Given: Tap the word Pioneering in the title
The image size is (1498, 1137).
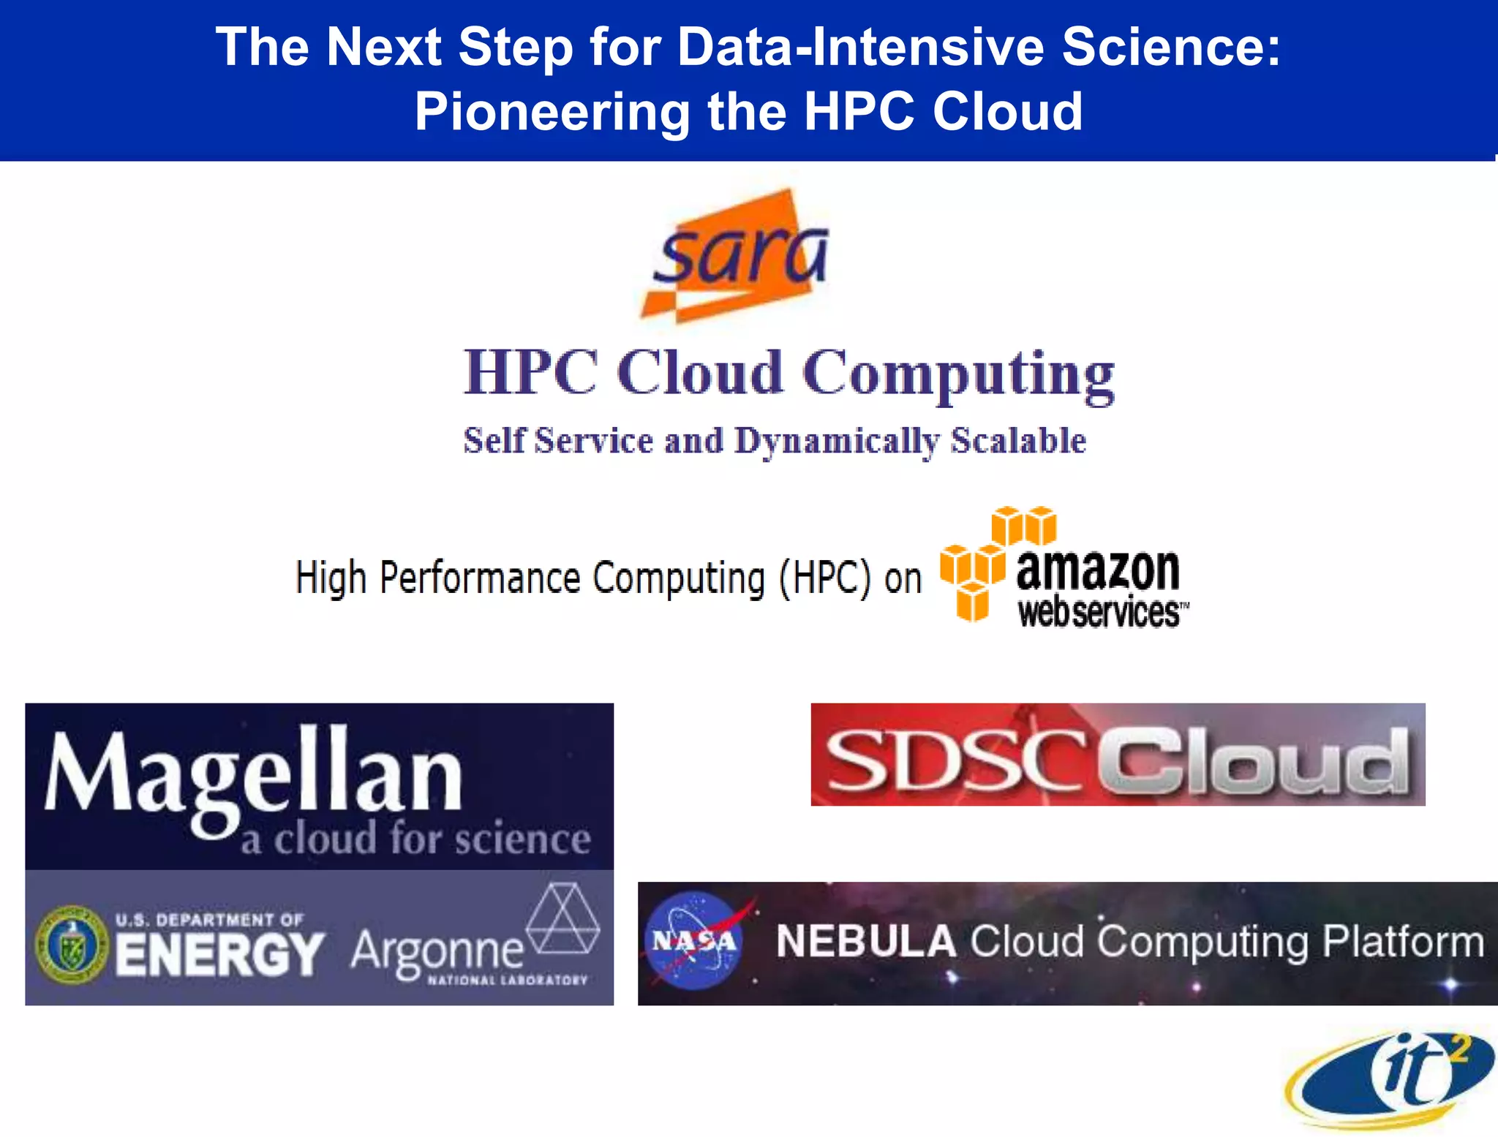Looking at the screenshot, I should tap(552, 112).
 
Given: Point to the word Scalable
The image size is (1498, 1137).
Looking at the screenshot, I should tap(1018, 441).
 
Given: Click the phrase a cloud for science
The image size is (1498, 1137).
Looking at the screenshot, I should tap(415, 839).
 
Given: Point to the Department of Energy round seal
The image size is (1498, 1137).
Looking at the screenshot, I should tap(72, 944).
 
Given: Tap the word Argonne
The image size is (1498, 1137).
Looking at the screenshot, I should tap(437, 951).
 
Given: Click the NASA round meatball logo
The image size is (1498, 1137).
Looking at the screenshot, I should tap(693, 942).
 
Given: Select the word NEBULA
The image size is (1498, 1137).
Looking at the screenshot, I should tap(866, 942).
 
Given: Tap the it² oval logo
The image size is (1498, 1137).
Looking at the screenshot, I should tap(1390, 1079).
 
